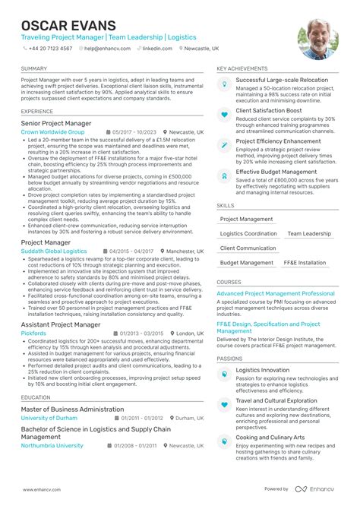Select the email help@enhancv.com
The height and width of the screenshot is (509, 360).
point(105,48)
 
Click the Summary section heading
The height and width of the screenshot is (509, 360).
point(34,68)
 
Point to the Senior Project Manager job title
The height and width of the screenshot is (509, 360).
point(56,123)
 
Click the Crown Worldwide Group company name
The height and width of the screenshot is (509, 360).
point(52,132)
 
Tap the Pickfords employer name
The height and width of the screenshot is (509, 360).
point(33,334)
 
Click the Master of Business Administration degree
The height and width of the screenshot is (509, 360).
point(72,409)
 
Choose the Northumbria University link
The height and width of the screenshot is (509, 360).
point(52,446)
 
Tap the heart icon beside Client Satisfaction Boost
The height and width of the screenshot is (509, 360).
point(224,114)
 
